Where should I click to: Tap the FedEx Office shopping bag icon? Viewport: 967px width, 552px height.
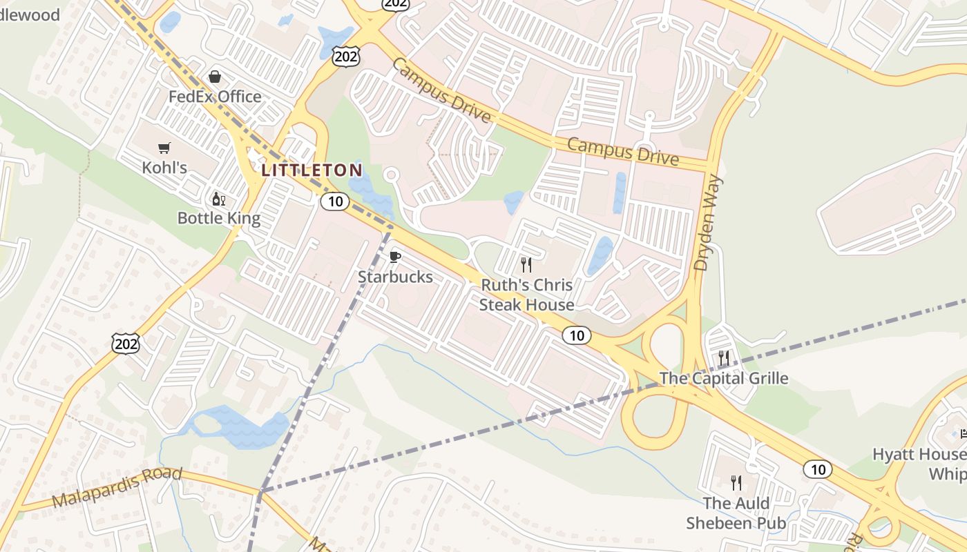point(215,76)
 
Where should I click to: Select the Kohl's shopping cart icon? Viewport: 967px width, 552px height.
point(164,148)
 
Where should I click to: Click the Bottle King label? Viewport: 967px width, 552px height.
point(219,219)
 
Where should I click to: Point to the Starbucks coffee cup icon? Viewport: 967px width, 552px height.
point(395,257)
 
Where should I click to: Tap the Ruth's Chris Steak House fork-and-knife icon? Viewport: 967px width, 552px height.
point(526,265)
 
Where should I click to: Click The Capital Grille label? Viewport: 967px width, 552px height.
point(723,378)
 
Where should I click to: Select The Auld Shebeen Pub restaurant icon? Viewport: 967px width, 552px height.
point(736,482)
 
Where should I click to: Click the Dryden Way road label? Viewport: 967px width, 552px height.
point(709,222)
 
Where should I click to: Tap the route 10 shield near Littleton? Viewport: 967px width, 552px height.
point(335,201)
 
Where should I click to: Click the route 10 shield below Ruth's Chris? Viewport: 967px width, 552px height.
point(577,336)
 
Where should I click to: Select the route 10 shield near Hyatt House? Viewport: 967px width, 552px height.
point(817,470)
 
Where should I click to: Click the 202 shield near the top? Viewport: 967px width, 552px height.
point(345,57)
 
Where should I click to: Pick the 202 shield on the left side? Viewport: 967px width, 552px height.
point(125,343)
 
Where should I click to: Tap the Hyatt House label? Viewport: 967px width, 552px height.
point(919,455)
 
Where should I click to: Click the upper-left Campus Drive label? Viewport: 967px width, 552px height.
point(442,90)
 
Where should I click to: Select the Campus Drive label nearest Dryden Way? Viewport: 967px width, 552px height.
point(623,151)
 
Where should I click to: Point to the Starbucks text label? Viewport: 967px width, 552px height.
point(395,277)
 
